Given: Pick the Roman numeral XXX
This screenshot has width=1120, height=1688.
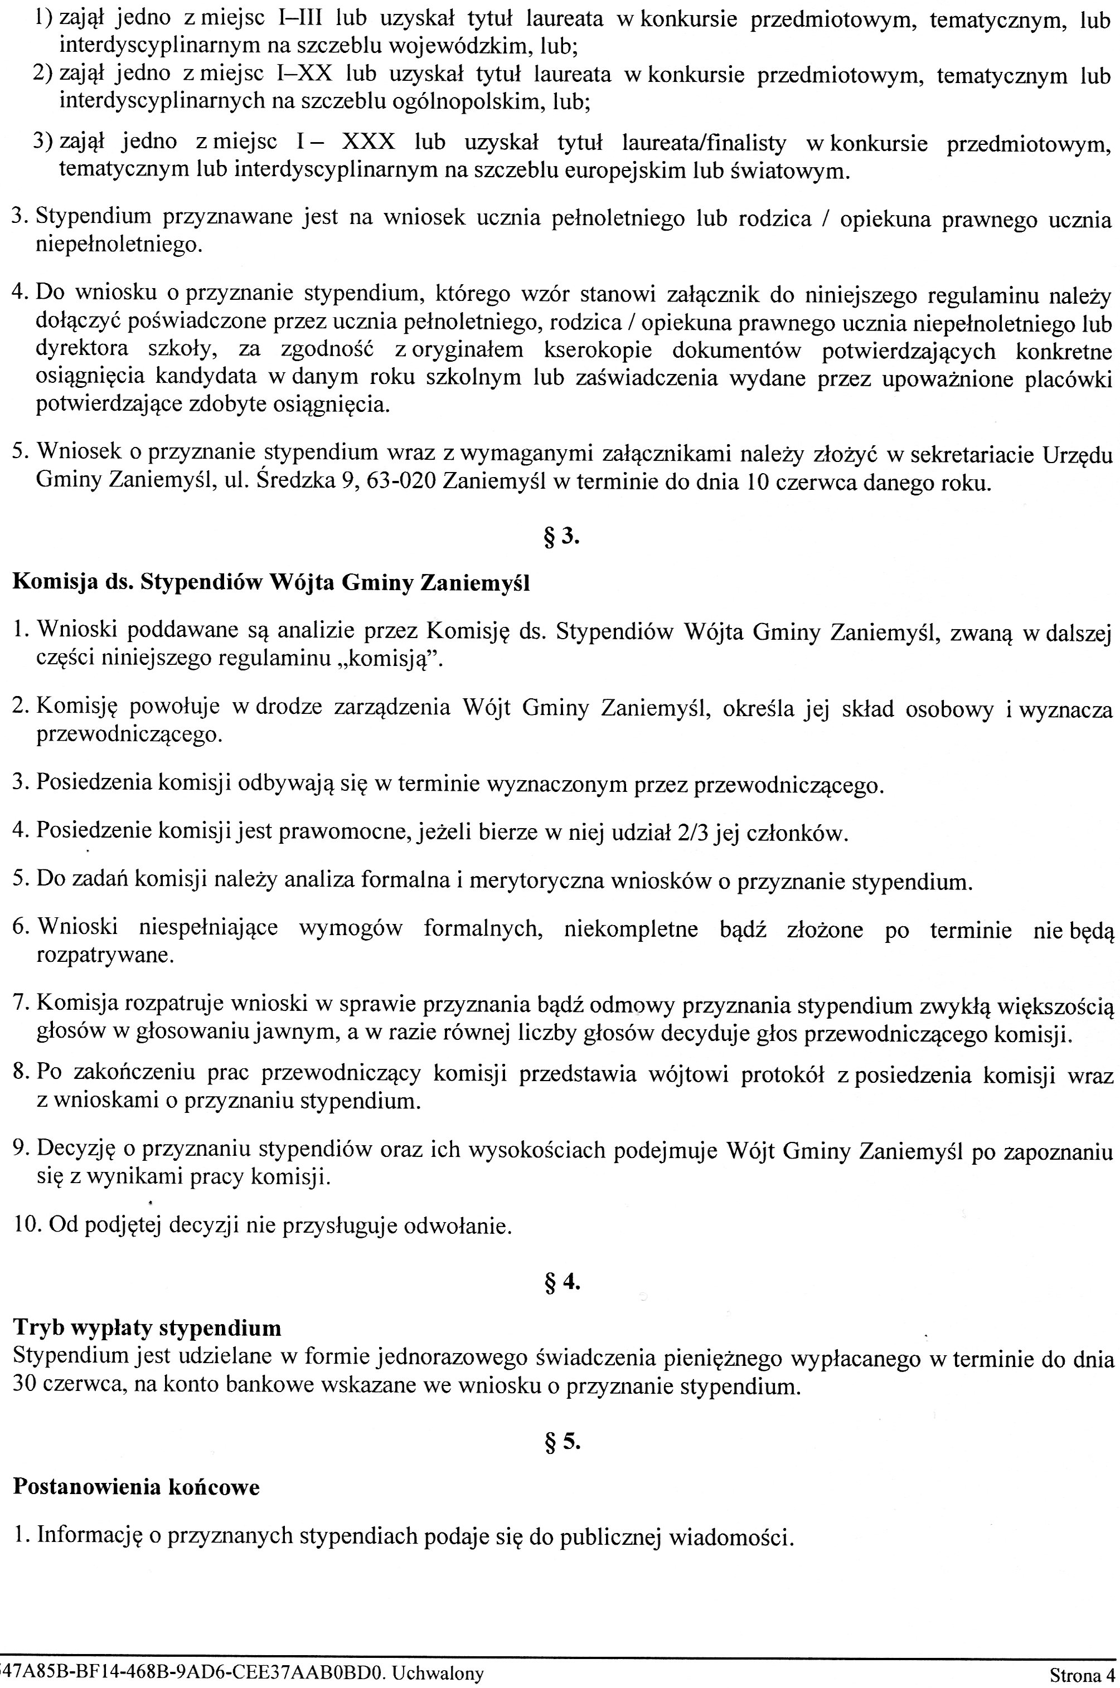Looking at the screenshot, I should [x=369, y=143].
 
